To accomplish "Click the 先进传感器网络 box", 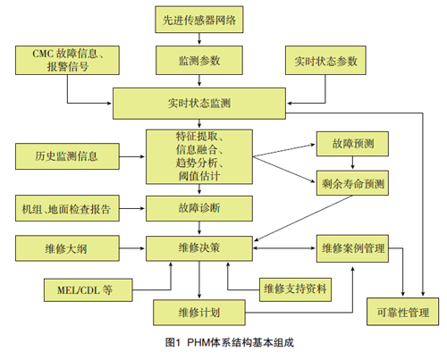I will (x=199, y=20).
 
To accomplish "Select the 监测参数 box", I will (x=199, y=61).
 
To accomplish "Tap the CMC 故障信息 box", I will (x=64, y=61).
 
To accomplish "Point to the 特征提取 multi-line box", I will (x=199, y=156).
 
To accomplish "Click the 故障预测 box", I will (x=352, y=144).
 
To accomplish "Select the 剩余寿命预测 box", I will (x=352, y=184).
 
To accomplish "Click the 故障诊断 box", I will (x=199, y=208).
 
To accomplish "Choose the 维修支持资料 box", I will (x=294, y=290).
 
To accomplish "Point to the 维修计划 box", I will (x=199, y=314).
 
